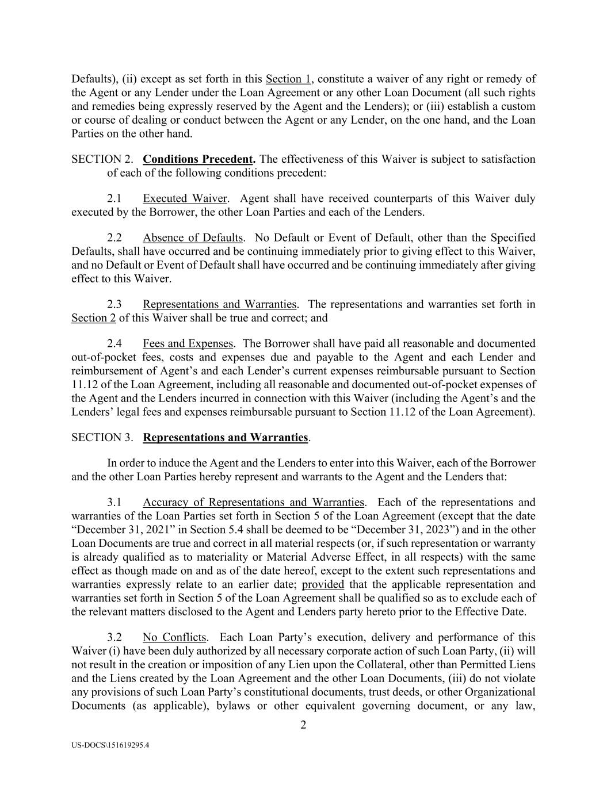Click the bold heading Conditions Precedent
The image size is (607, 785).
[x=198, y=159]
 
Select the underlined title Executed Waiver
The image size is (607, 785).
[x=185, y=198]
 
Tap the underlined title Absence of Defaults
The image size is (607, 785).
[x=193, y=238]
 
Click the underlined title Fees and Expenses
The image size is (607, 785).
[x=188, y=343]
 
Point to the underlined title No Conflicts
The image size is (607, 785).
[x=174, y=637]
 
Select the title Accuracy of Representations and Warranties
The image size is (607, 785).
[x=253, y=502]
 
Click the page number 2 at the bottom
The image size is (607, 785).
[x=303, y=725]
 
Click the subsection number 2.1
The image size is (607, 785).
[x=114, y=198]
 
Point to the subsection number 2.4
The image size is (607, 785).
[x=114, y=343]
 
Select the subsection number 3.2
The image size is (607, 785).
[x=114, y=637]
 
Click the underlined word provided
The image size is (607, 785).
[x=323, y=585]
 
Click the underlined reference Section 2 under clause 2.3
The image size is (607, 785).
[x=93, y=318]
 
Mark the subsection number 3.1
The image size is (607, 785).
[x=114, y=502]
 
